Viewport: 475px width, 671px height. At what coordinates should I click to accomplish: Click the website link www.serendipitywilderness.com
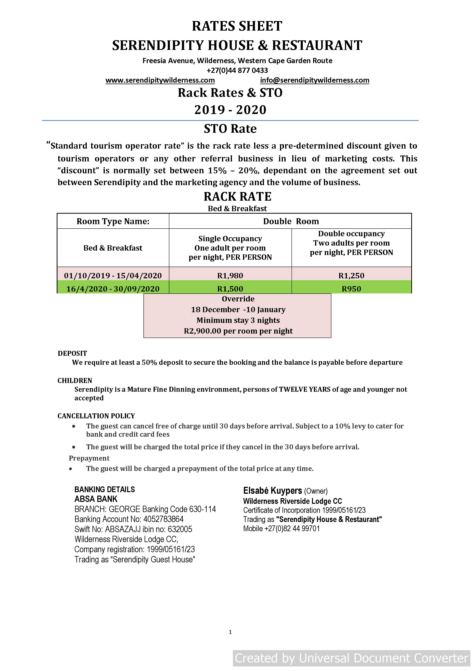[160, 80]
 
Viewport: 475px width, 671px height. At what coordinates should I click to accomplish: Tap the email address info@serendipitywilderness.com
[315, 80]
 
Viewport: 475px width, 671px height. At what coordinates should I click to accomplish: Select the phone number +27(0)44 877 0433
[237, 70]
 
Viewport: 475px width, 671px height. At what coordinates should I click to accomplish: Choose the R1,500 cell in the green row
[230, 289]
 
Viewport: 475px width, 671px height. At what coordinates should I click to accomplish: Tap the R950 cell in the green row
[351, 289]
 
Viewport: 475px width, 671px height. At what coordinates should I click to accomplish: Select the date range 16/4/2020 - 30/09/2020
[113, 289]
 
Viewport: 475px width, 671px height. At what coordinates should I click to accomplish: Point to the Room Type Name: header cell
[113, 221]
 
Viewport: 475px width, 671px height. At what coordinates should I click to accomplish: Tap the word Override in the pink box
[238, 299]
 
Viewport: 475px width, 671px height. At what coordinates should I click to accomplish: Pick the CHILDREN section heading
[75, 380]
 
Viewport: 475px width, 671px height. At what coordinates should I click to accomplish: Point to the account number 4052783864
[163, 519]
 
